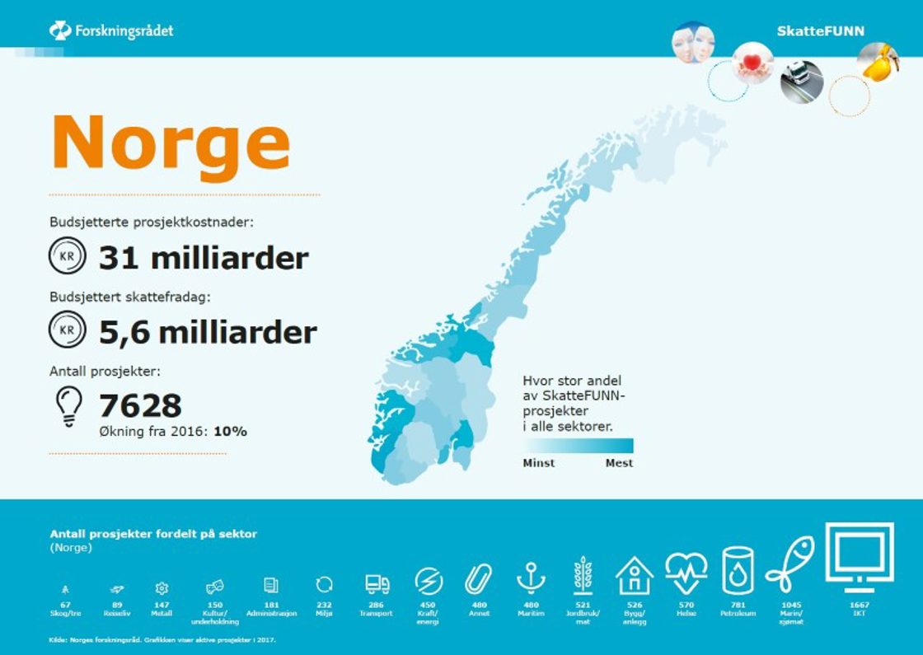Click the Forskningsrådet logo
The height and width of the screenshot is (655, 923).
pos(110,31)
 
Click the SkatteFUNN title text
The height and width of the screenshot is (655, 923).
pos(820,31)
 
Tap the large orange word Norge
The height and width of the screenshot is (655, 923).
pos(171,142)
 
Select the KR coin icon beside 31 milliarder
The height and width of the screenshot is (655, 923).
pos(67,257)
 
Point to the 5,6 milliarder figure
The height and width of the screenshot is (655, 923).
pos(208,332)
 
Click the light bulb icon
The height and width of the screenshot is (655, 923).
pos(68,406)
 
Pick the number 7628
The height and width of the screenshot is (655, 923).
pos(140,405)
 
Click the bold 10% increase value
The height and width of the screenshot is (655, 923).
pos(230,431)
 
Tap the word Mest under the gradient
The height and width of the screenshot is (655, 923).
pos(619,463)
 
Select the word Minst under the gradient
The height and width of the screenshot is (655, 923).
pos(538,463)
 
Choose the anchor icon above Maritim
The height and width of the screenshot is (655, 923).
pos(531,578)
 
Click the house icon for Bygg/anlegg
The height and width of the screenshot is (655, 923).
pos(635,576)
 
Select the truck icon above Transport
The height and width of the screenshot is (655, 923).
pos(377,584)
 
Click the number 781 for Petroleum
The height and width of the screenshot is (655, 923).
pos(738,605)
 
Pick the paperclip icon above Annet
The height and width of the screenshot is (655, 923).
pos(478,578)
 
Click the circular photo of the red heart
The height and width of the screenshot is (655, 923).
pos(752,63)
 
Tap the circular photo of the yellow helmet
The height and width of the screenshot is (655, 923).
pos(878,62)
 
